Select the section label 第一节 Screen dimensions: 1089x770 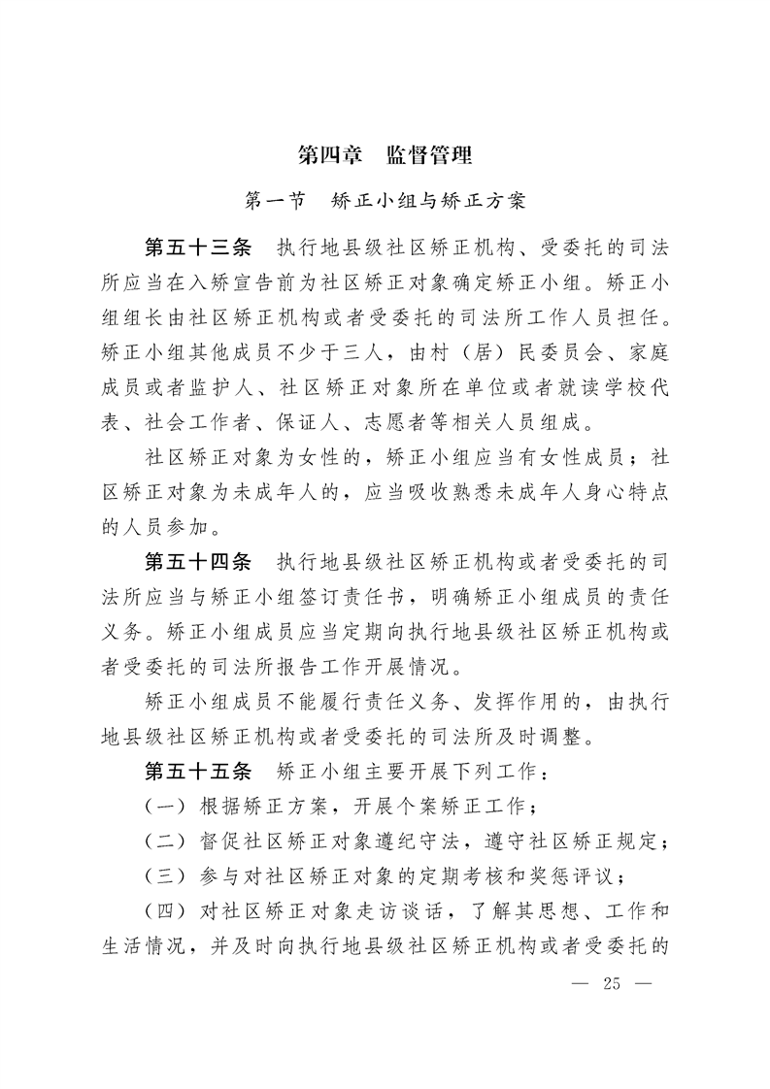pyautogui.click(x=275, y=202)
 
